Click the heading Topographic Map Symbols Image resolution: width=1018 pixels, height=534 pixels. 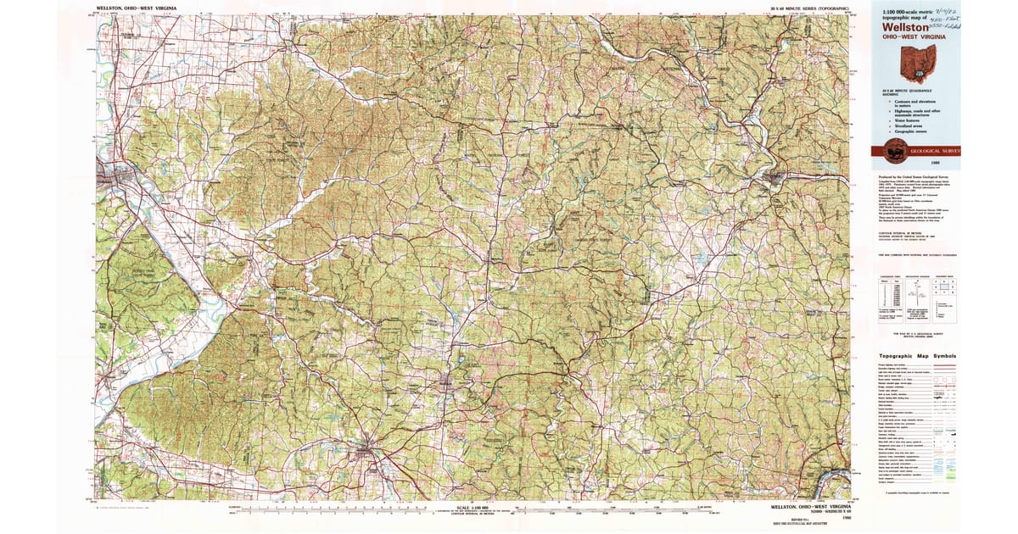(917, 356)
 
